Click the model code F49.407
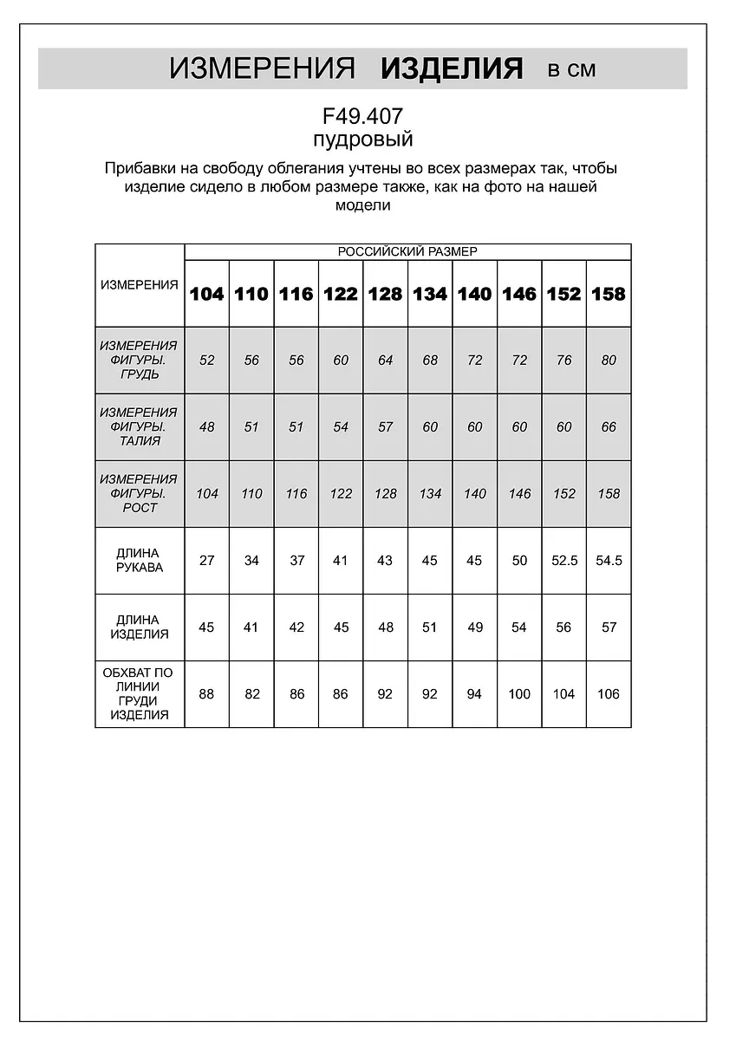362,116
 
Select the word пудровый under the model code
362,140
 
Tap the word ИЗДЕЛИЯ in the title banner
452,68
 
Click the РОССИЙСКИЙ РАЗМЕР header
407,251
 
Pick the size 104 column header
206,294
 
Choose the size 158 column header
609,294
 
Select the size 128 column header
385,294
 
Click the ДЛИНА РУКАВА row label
139,560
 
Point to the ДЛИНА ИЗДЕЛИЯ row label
139,627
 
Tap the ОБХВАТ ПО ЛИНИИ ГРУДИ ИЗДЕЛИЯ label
139,693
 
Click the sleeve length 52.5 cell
563,560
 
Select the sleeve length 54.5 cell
609,560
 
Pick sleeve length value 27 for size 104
206,560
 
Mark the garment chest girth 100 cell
519,693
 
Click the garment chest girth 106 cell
609,693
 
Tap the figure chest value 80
609,360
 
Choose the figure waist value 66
609,426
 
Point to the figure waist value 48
206,426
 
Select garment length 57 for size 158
609,627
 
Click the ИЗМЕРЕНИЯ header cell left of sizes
139,285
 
